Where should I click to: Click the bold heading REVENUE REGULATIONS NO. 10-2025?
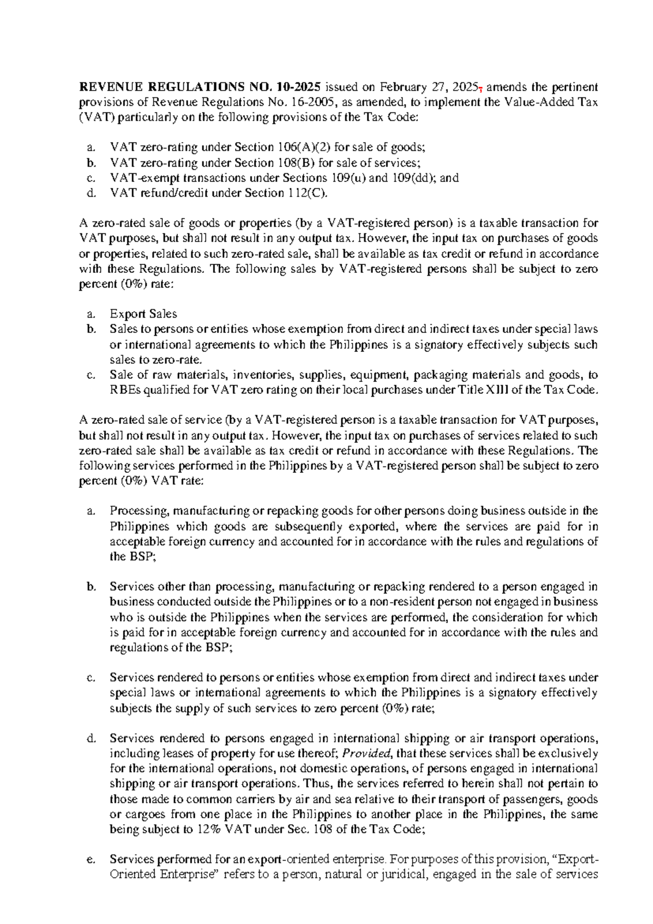(201, 87)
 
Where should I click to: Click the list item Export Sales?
(143, 314)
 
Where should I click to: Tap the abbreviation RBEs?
(125, 390)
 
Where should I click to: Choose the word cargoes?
(144, 814)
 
